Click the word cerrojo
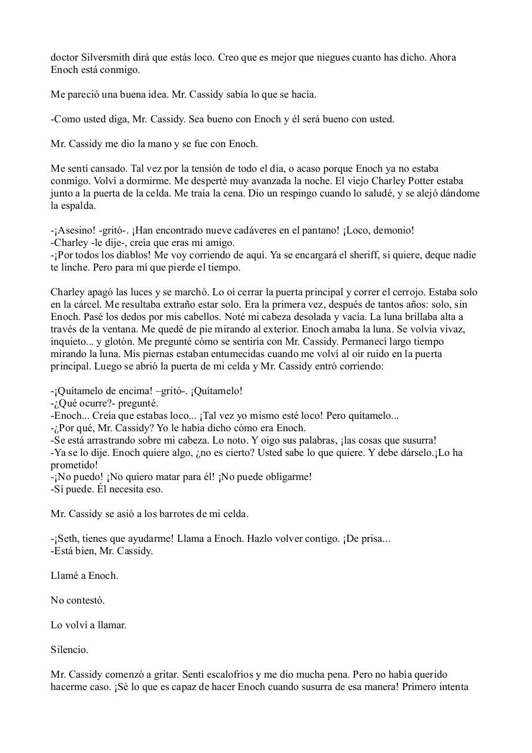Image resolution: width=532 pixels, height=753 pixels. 427,292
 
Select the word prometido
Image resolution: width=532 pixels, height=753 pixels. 74,465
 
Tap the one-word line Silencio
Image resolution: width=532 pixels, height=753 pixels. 69,650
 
